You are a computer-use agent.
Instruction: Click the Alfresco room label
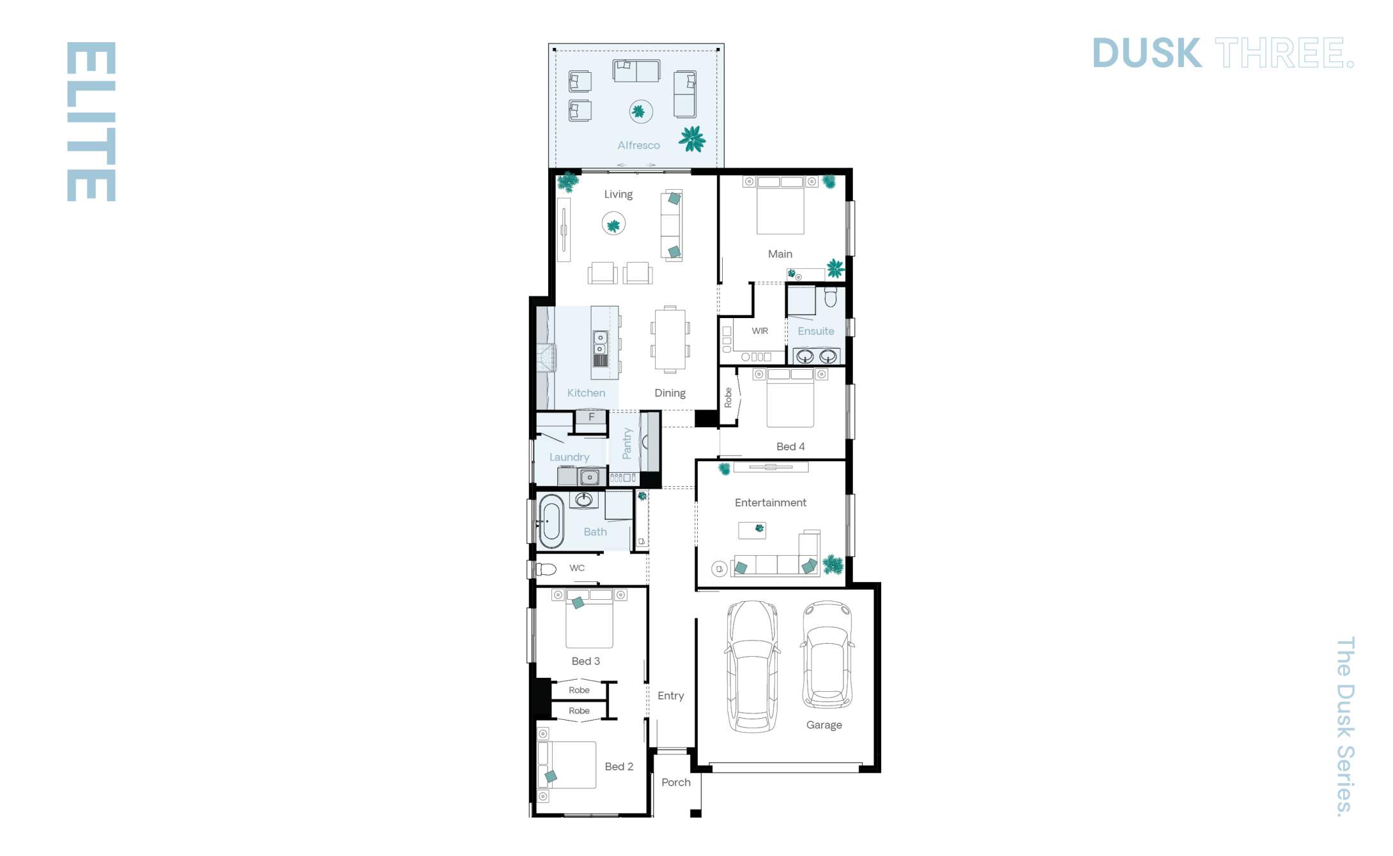click(x=638, y=146)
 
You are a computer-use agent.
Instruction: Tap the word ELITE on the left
click(x=91, y=121)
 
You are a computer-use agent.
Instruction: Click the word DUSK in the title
click(x=1147, y=53)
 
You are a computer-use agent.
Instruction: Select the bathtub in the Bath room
click(x=551, y=521)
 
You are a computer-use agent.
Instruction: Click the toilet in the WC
click(x=546, y=569)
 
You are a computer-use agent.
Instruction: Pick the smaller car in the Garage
click(x=827, y=655)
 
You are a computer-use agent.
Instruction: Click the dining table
click(x=670, y=339)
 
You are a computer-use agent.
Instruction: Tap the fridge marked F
click(x=591, y=417)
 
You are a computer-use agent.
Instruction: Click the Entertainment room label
click(x=770, y=503)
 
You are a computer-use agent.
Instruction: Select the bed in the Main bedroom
click(x=780, y=204)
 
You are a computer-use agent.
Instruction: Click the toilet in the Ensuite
click(x=830, y=297)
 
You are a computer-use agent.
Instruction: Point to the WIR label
click(x=760, y=331)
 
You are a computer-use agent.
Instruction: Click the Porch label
click(x=675, y=783)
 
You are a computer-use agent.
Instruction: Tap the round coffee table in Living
click(x=613, y=224)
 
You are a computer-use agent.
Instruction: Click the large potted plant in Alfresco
click(x=692, y=139)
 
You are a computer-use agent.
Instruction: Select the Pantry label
click(x=627, y=443)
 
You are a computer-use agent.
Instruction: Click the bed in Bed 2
click(x=567, y=765)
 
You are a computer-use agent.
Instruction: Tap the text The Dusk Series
click(x=1344, y=726)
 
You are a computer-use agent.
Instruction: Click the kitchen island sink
click(x=600, y=342)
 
